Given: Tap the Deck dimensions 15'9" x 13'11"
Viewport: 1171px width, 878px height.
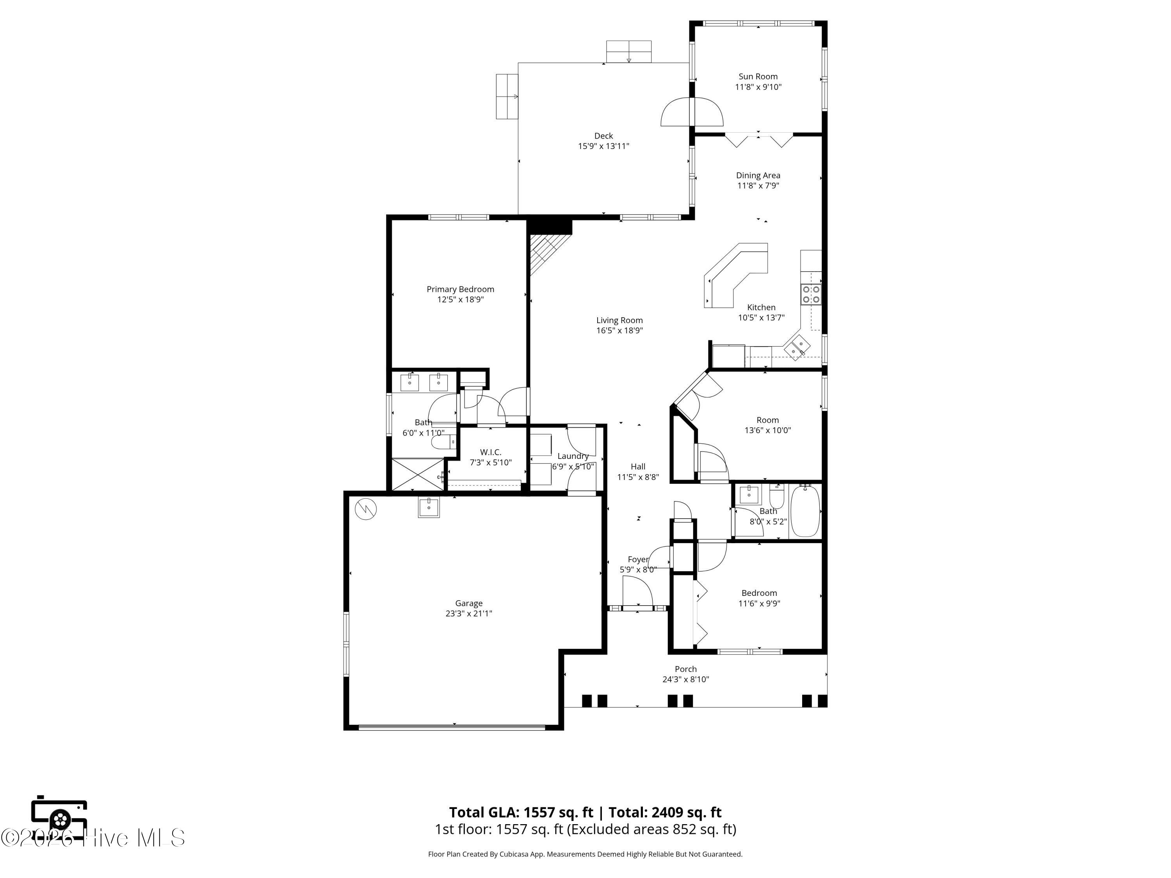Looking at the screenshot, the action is tap(603, 146).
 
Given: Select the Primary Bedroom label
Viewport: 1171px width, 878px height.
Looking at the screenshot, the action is tap(461, 289).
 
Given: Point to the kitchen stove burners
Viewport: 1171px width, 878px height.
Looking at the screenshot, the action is tap(811, 294).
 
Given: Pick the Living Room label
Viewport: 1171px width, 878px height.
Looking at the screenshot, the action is tap(619, 320).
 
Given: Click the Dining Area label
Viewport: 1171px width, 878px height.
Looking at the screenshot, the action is tap(758, 175).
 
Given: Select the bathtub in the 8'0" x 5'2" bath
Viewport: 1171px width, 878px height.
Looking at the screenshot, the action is tap(804, 511).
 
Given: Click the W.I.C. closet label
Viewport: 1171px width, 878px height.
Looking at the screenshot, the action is tap(491, 452).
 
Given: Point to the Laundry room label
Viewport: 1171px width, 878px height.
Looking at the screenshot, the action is tap(573, 456).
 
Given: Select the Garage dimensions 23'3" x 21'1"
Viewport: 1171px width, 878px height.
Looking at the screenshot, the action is tap(469, 613).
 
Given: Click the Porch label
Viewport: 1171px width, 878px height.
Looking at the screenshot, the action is tap(685, 669).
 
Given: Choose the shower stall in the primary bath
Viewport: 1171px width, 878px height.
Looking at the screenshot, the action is tap(418, 475).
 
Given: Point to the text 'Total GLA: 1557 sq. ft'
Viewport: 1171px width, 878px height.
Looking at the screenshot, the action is tap(521, 812).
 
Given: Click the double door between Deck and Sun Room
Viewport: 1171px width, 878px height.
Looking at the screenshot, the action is tap(691, 112).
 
